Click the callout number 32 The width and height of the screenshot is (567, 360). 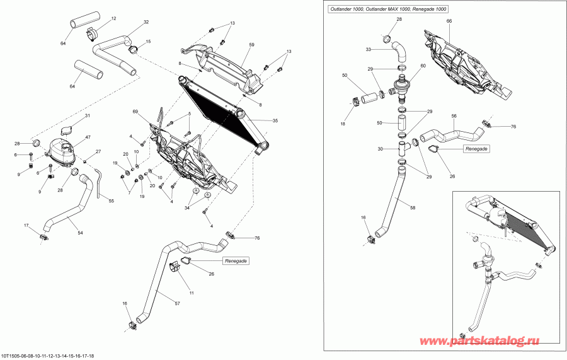146,22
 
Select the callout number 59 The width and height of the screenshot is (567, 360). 251,45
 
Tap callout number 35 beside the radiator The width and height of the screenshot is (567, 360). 275,121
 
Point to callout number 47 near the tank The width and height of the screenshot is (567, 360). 88,137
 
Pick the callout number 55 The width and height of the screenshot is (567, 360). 112,200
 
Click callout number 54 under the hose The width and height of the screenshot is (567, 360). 80,233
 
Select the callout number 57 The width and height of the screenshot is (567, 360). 177,303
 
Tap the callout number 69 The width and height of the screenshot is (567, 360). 135,111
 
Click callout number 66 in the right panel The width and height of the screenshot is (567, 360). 449,21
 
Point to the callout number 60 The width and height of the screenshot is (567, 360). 423,66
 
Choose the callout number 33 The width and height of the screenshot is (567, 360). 369,50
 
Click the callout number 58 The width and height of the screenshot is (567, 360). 413,208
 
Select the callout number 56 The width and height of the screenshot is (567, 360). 454,116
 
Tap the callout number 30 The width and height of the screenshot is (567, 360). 380,149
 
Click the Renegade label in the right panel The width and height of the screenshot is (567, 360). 477,149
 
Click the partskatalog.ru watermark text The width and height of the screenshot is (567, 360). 480,341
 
